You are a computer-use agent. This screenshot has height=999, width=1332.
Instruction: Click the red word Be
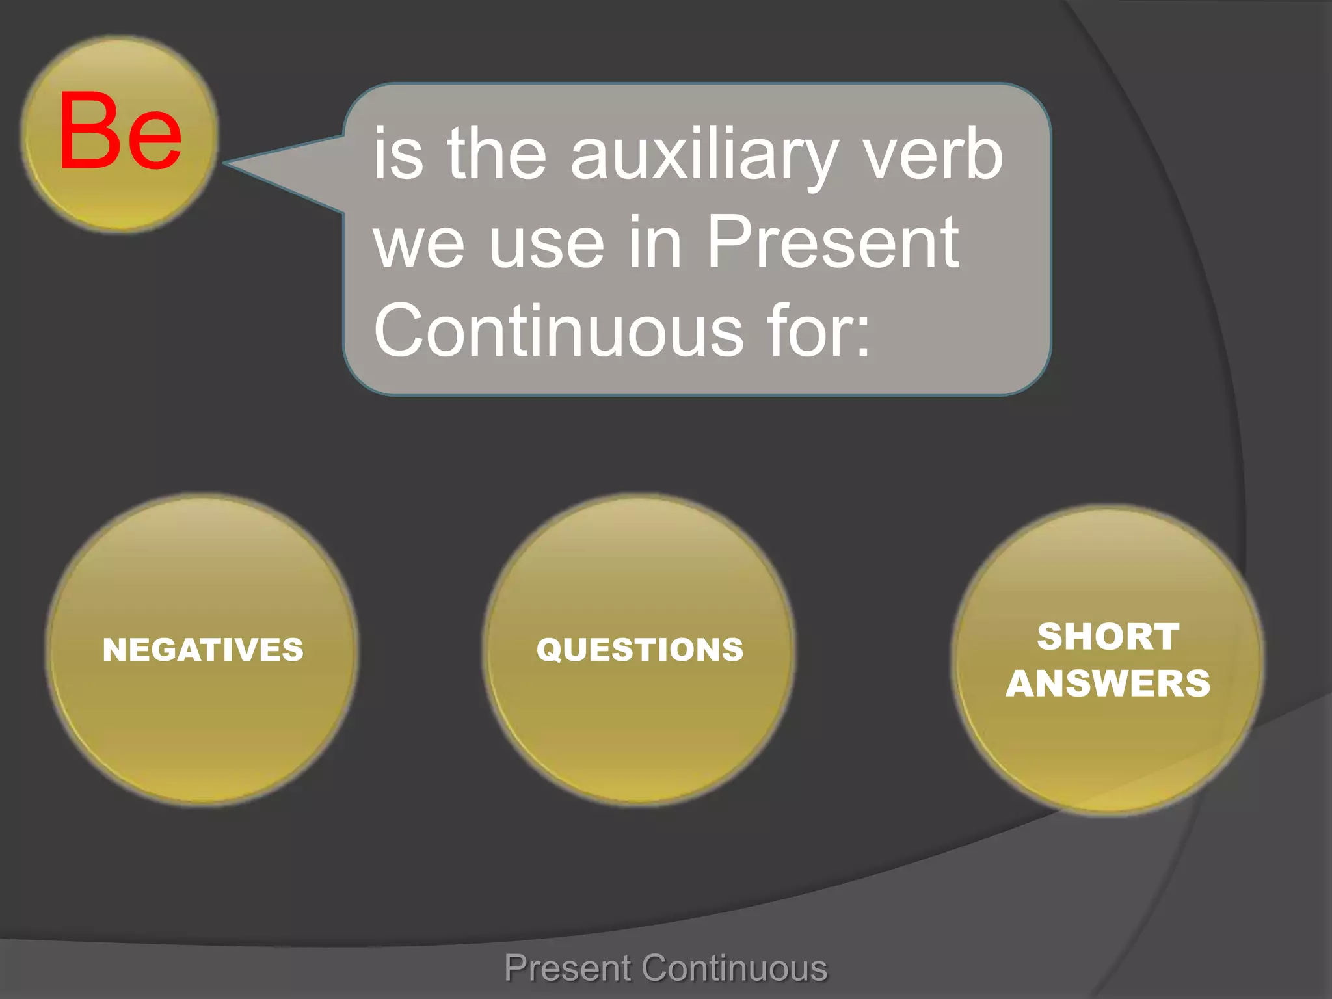(120, 133)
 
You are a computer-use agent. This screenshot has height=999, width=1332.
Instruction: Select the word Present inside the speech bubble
(832, 243)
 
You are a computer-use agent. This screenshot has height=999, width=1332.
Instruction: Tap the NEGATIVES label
(203, 650)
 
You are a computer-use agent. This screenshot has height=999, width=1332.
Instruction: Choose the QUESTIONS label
(640, 650)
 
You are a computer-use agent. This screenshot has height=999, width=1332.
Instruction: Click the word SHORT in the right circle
(1108, 636)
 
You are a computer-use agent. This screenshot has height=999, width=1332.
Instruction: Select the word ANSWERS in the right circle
(1108, 684)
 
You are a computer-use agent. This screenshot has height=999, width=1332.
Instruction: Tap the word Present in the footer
(567, 968)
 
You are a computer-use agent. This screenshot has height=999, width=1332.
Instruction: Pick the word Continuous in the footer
(735, 968)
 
